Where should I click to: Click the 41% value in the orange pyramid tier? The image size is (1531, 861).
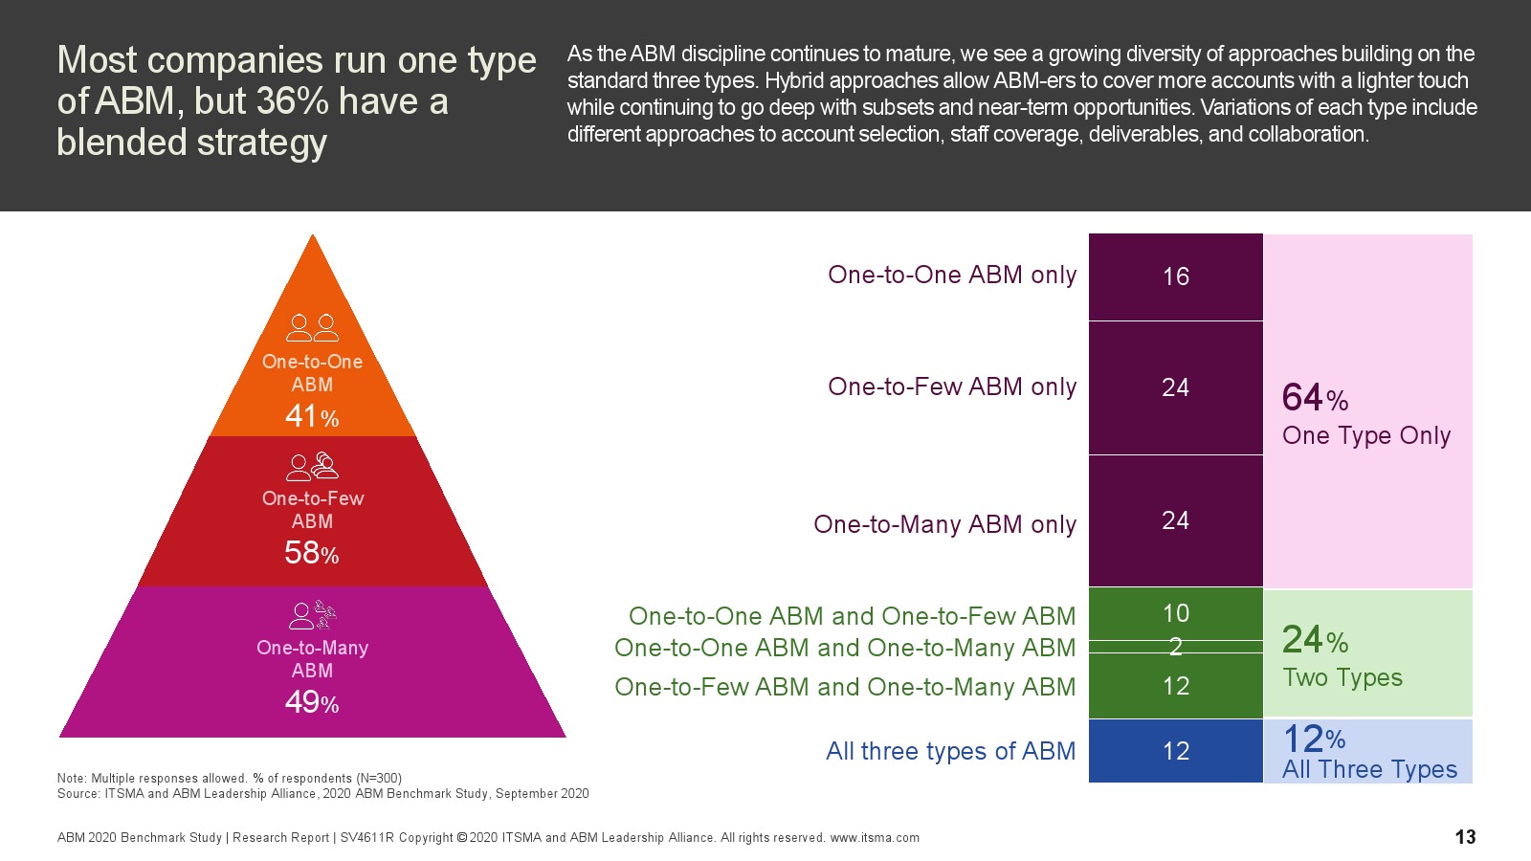pos(312,416)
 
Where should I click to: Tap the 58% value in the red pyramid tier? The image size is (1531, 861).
pos(312,553)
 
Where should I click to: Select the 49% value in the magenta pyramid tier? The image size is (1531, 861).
pos(312,702)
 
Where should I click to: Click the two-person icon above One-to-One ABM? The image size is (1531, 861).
pos(312,328)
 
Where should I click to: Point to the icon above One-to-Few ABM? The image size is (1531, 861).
pos(312,467)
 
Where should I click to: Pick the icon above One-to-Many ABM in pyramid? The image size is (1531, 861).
pos(312,615)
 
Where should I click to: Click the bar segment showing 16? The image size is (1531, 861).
pos(1175,276)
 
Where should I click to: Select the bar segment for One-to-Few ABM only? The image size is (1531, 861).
pos(1175,387)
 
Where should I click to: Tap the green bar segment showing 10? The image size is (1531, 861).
pos(1175,613)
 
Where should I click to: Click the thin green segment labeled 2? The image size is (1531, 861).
pos(1175,647)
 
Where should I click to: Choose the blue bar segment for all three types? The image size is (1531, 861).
pos(1175,751)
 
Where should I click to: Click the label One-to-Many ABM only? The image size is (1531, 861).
pos(944,524)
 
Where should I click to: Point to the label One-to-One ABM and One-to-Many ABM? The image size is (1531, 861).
pos(845,648)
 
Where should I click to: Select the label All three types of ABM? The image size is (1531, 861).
pos(950,751)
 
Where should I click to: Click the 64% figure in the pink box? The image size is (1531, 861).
pos(1315,398)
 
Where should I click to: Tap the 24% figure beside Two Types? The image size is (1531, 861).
pos(1315,639)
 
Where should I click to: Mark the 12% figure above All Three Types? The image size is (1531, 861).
pos(1313,739)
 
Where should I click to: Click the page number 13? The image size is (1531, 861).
pos(1465,837)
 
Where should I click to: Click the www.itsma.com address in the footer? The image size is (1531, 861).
pos(875,838)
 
